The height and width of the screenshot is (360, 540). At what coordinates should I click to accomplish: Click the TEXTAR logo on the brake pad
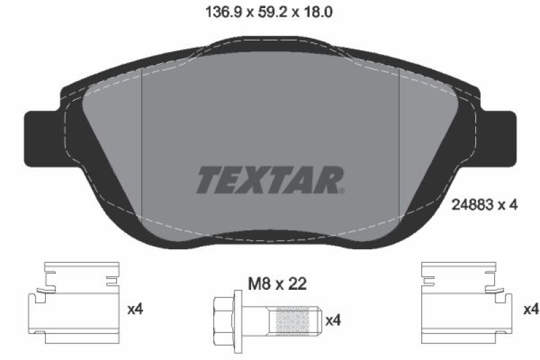point(270,180)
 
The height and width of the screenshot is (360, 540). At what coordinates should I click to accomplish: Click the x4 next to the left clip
point(135,309)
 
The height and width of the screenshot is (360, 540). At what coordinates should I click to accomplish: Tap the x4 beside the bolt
point(333,319)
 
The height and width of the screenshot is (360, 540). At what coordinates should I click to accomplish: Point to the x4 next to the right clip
point(531,309)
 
